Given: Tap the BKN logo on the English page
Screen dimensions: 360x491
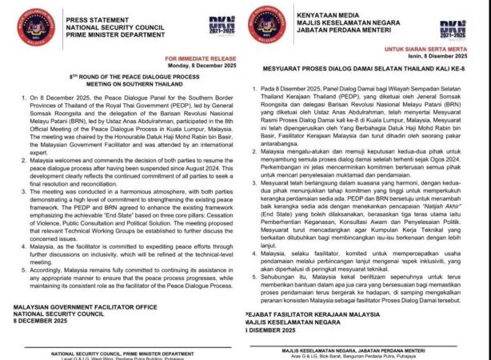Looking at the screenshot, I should tap(223, 26).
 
